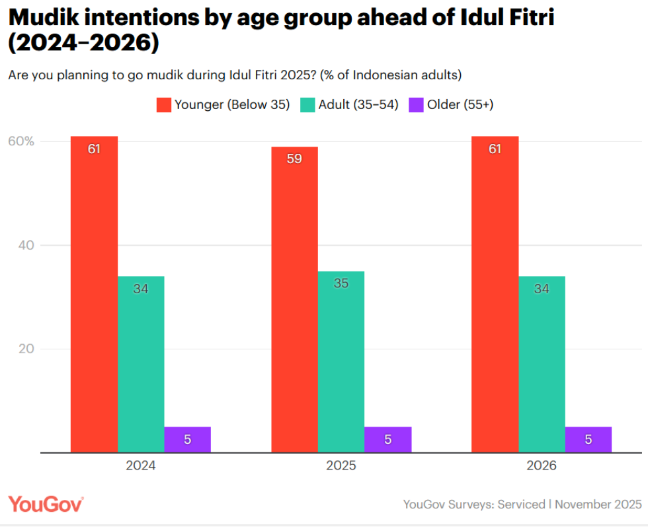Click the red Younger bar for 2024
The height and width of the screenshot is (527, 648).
point(94,294)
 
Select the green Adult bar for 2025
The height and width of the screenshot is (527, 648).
point(341,361)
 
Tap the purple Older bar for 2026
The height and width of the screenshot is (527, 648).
point(588,439)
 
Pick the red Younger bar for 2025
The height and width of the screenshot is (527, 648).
point(294,299)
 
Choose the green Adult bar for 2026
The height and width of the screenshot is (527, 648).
point(542,364)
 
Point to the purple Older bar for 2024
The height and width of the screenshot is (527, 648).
point(187,439)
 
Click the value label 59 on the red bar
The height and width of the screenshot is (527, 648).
point(294,158)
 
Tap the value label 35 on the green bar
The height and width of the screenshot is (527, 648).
point(341,283)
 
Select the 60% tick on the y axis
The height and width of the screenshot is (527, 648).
point(21,141)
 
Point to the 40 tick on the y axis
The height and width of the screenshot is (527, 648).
point(25,246)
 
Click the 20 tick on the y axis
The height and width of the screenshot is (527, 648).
point(25,349)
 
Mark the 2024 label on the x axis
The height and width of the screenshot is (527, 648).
point(141,466)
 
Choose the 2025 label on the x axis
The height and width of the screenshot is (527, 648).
point(341,466)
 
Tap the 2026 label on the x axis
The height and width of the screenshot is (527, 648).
point(542,466)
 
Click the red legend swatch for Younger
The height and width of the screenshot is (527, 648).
point(163,104)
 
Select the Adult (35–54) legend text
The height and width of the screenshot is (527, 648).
point(358,104)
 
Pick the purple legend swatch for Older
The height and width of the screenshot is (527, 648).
point(416,104)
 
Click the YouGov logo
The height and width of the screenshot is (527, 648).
point(46,504)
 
